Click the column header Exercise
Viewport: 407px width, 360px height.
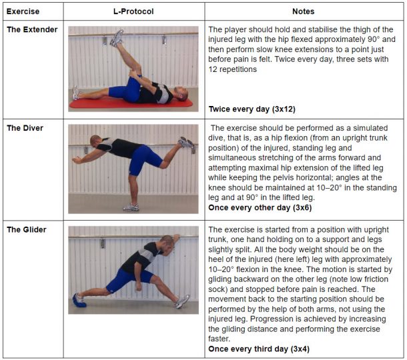pos(23,11)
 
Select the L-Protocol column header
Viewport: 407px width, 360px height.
pos(136,11)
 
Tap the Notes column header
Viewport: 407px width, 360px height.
pos(304,11)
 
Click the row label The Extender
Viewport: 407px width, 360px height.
pos(32,30)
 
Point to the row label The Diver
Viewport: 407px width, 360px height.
pos(26,129)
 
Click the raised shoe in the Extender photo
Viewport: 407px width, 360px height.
pos(118,37)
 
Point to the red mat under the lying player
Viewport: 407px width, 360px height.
pos(133,104)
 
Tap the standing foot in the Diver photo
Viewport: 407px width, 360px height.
pos(133,207)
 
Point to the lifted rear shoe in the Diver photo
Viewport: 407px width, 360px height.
pos(183,143)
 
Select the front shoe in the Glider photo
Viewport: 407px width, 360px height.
pos(181,302)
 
